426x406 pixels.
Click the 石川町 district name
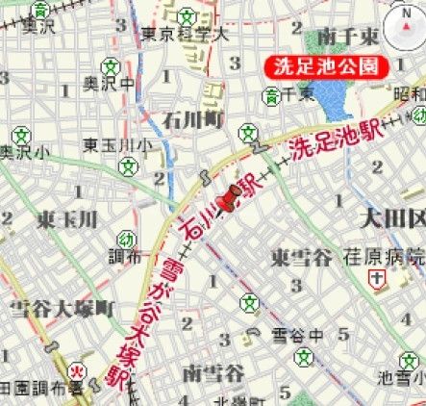(x=192, y=120)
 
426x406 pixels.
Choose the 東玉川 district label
(x=67, y=220)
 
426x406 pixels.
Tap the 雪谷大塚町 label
(x=62, y=308)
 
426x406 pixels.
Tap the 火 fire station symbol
(x=77, y=369)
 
